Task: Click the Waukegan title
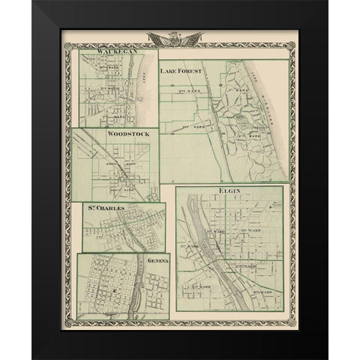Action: point(103,49)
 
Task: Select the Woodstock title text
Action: point(129,133)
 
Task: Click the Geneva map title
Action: point(157,260)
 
